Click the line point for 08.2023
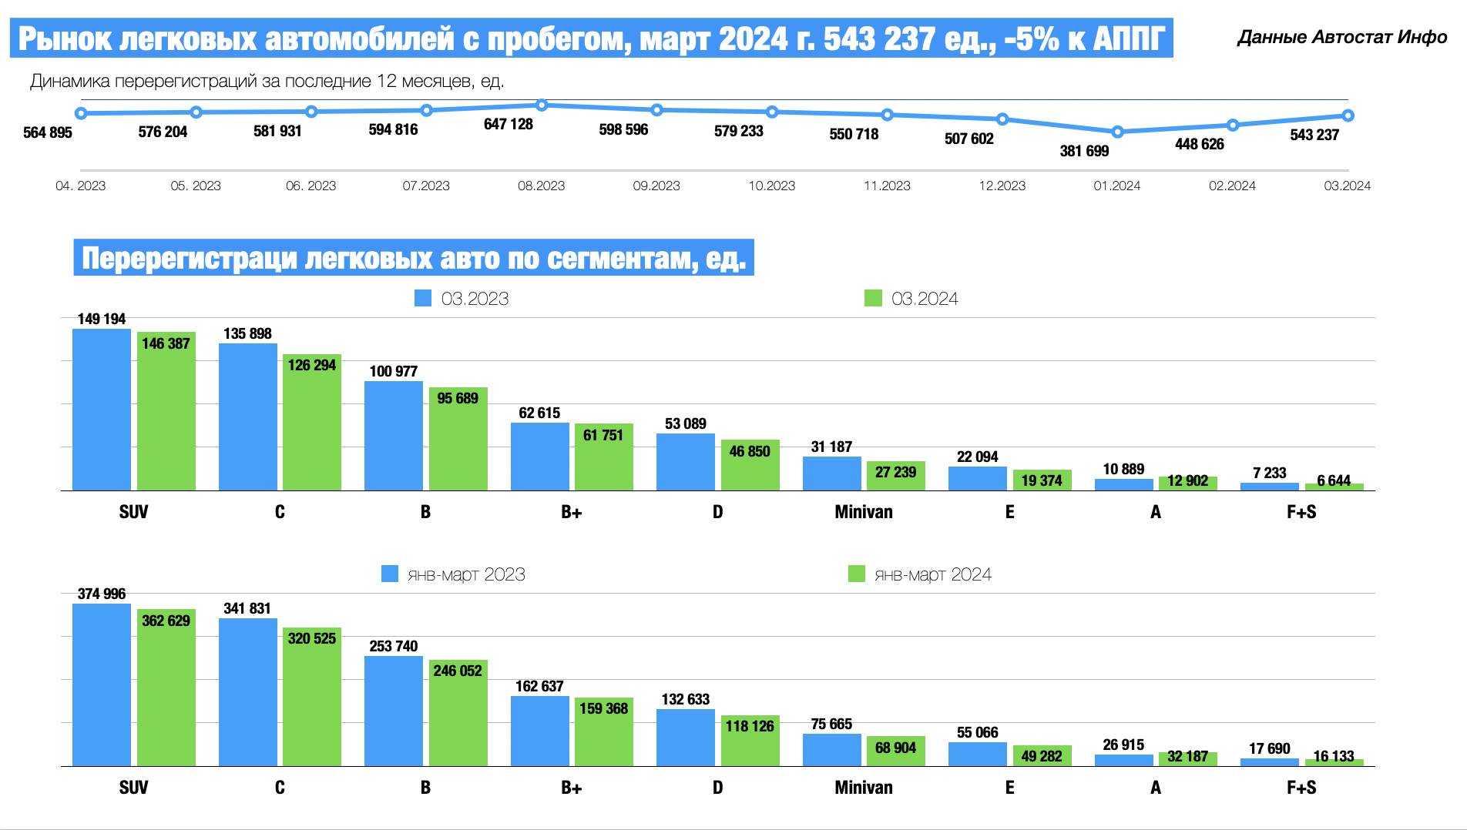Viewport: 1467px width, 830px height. (x=542, y=105)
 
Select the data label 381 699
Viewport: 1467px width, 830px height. (x=1084, y=151)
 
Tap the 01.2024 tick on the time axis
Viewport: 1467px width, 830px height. (x=1116, y=186)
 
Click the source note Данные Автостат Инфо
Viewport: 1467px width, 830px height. (x=1341, y=37)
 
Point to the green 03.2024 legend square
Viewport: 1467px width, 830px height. (x=873, y=298)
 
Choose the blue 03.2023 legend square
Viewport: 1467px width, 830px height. (x=423, y=298)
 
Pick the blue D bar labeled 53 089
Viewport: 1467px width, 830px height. (x=686, y=462)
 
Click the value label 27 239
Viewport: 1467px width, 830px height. (x=895, y=472)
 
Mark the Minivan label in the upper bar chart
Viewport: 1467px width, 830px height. (x=863, y=512)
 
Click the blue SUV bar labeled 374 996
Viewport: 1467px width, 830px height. (x=102, y=684)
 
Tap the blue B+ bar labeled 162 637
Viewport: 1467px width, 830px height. (x=539, y=731)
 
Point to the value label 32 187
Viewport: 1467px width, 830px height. (x=1187, y=756)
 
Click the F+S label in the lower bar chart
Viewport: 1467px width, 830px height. (x=1301, y=788)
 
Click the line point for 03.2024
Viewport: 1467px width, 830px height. (x=1348, y=115)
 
